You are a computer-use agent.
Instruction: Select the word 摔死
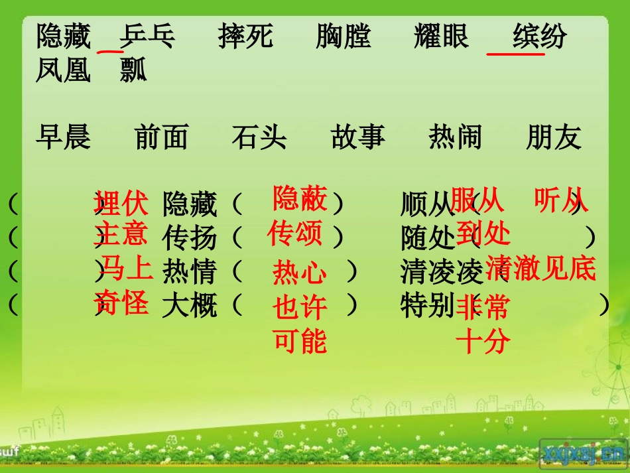(245, 36)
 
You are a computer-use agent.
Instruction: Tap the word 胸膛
(344, 36)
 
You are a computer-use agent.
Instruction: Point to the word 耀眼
(441, 36)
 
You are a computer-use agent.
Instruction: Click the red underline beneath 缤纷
(515, 54)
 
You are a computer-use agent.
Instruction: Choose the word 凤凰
(63, 70)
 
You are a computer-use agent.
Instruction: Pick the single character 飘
(133, 70)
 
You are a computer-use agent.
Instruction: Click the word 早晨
(63, 137)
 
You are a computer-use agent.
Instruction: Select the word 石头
(259, 137)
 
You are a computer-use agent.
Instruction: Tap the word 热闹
(456, 137)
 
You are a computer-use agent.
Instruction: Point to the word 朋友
(554, 137)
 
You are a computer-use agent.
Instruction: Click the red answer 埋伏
(121, 204)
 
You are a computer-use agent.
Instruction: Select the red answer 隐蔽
(300, 198)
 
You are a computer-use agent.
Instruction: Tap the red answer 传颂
(295, 234)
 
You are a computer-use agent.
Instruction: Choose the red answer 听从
(561, 201)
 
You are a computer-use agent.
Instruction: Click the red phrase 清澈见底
(541, 269)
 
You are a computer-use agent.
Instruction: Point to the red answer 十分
(483, 342)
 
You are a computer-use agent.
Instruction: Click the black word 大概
(190, 306)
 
